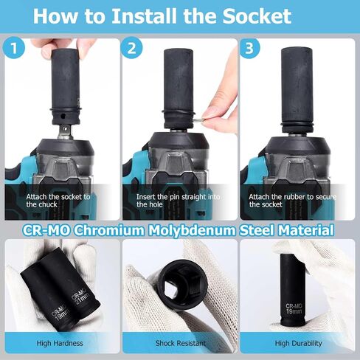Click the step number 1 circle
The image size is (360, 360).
(14, 47)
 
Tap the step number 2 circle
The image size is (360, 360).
(131, 47)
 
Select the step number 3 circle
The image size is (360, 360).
(249, 47)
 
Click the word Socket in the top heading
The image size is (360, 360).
(257, 16)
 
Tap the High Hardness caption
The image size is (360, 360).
(60, 343)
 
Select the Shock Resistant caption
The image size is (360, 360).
(181, 343)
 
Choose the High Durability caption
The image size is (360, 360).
(298, 343)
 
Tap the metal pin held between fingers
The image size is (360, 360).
(200, 120)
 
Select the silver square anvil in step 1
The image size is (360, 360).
(64, 131)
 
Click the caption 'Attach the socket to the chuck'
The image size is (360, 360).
(58, 201)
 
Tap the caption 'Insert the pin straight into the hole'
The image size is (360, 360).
(178, 201)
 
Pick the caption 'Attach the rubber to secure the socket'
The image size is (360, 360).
(292, 201)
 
